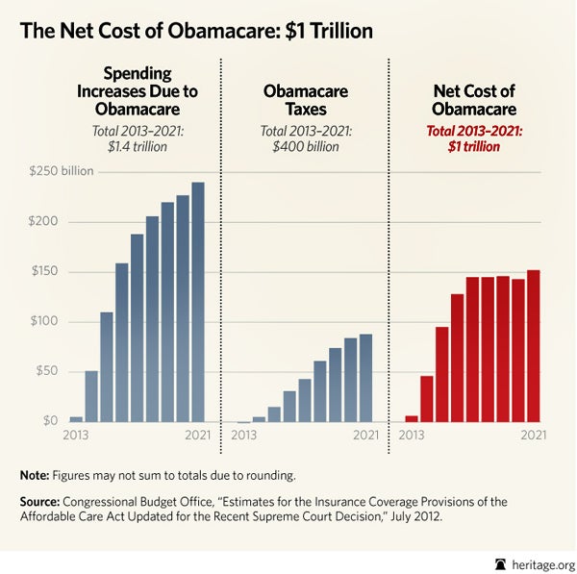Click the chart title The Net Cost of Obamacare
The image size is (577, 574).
click(x=196, y=30)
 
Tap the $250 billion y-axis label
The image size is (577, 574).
click(x=53, y=171)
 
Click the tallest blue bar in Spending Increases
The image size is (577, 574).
click(x=198, y=302)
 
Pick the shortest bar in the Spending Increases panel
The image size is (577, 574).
click(x=76, y=419)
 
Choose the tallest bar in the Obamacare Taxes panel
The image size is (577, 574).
click(x=366, y=378)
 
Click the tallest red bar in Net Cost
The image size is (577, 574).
click(x=534, y=346)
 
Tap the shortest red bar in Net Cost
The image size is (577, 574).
click(x=412, y=418)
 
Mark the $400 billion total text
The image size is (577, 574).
click(x=305, y=146)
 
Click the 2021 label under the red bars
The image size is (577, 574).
click(x=533, y=436)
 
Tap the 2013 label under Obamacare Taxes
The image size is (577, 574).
click(x=245, y=436)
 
